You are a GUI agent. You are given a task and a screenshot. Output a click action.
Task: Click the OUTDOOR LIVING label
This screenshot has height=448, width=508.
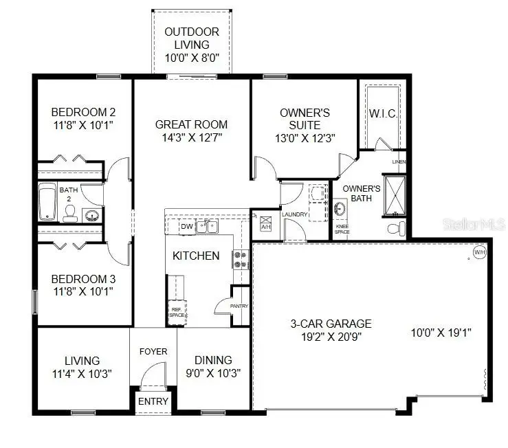click(192, 38)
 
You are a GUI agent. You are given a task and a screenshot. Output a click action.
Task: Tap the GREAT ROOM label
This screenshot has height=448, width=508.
click(191, 124)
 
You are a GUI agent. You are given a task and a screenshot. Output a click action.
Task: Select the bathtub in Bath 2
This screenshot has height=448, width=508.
click(47, 202)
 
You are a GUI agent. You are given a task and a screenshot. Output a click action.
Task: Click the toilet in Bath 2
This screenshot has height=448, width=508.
click(69, 215)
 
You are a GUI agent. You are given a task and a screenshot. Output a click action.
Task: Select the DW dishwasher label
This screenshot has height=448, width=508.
click(186, 226)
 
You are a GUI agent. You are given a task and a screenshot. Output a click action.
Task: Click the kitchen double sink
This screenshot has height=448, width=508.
click(207, 226)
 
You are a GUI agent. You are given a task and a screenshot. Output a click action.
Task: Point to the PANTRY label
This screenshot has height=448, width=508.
click(239, 306)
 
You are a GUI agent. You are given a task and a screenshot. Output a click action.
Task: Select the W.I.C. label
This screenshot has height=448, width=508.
click(382, 113)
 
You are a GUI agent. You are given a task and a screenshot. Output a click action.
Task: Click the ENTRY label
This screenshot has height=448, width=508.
click(153, 401)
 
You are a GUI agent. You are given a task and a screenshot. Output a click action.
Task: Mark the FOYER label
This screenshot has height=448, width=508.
click(153, 351)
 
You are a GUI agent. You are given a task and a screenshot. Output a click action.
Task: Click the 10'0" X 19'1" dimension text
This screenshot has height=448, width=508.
click(441, 333)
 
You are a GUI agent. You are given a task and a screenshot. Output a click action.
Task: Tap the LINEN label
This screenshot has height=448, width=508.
click(399, 162)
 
